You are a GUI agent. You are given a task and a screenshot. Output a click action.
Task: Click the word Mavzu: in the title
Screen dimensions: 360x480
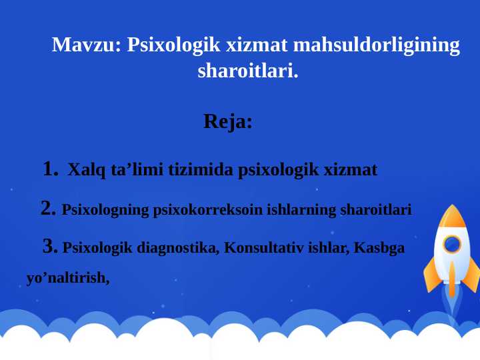pyautogui.click(x=87, y=45)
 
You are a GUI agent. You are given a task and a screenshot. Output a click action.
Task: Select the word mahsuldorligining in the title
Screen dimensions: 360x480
pyautogui.click(x=377, y=45)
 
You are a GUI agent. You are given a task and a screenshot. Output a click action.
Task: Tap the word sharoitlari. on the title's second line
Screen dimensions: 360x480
pyautogui.click(x=248, y=71)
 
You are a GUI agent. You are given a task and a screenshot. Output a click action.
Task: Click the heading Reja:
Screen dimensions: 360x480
pyautogui.click(x=228, y=122)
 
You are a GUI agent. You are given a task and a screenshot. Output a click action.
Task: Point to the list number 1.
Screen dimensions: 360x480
pyautogui.click(x=51, y=169)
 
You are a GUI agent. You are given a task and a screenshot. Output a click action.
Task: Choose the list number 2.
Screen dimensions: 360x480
pyautogui.click(x=48, y=209)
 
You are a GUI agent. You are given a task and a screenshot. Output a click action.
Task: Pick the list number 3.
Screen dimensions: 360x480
pyautogui.click(x=50, y=247)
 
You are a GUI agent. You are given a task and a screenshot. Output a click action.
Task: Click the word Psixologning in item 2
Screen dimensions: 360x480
pyautogui.click(x=105, y=210)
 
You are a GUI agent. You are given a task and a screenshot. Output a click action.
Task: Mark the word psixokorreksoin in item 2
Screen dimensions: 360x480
pyautogui.click(x=208, y=210)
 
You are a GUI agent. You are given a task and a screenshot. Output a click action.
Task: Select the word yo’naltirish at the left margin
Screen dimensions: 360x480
pyautogui.click(x=67, y=278)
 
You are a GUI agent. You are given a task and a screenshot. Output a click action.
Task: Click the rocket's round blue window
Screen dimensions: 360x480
pyautogui.click(x=451, y=244)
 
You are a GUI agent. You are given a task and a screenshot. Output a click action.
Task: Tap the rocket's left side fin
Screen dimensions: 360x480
pyautogui.click(x=431, y=273)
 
